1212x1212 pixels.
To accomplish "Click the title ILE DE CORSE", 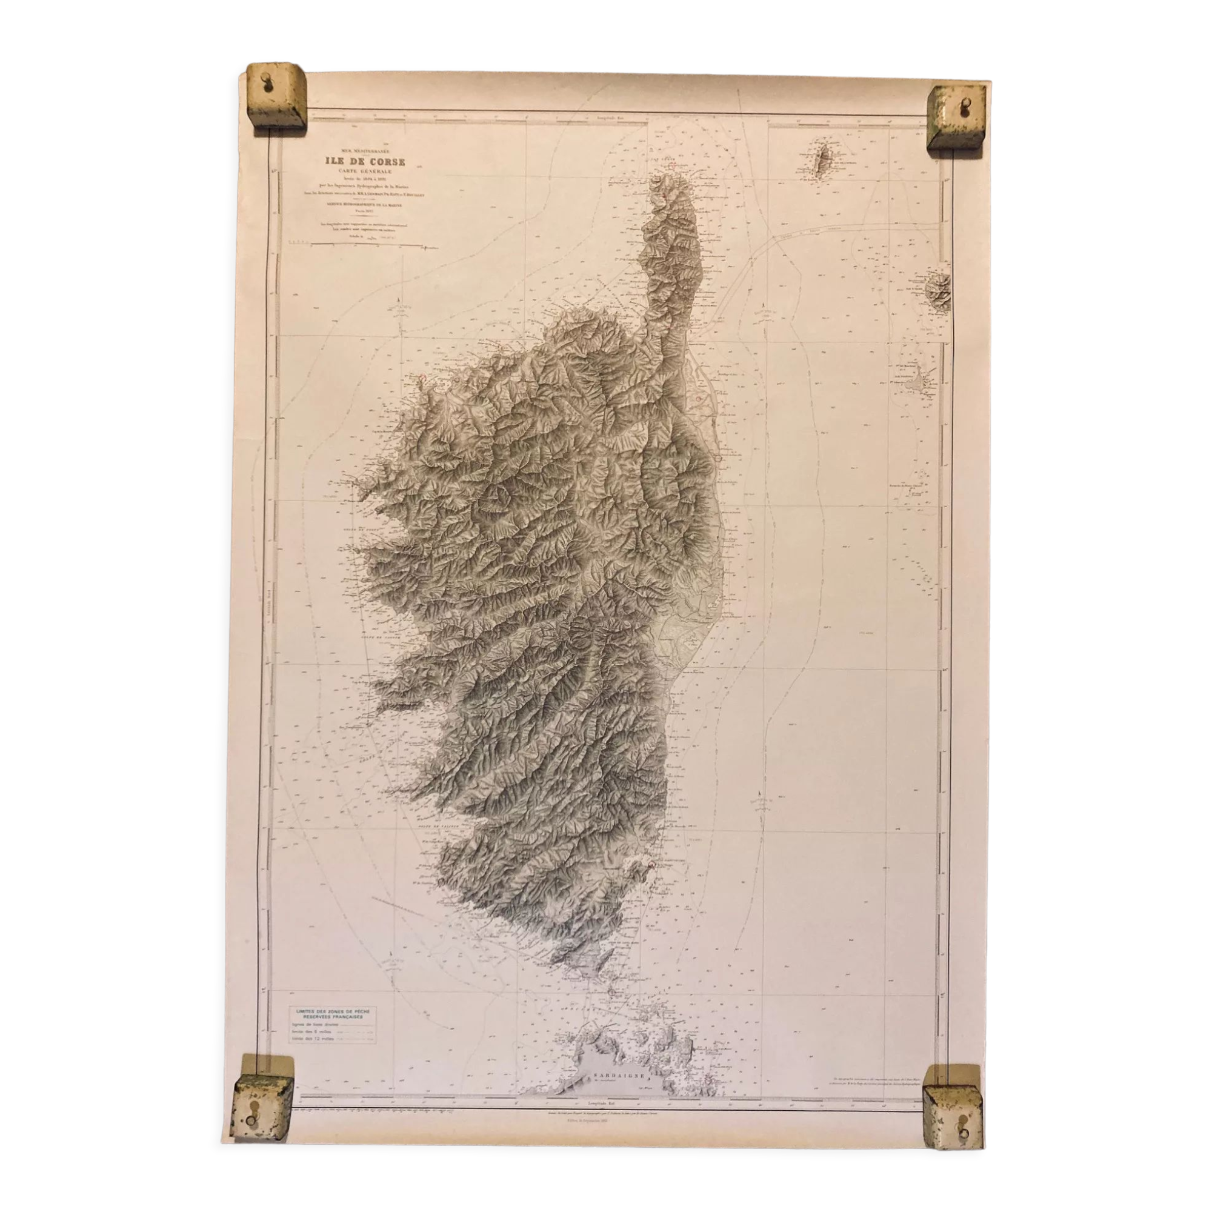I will [x=364, y=161].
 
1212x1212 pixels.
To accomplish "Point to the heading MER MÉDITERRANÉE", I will [x=364, y=151].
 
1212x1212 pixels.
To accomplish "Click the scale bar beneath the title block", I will [x=363, y=247].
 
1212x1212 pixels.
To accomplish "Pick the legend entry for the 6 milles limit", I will [x=314, y=1032].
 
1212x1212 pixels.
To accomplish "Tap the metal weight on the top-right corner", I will [x=956, y=118].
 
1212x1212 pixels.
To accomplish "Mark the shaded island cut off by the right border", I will [x=939, y=290].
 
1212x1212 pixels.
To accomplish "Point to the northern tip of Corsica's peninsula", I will [x=667, y=164].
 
